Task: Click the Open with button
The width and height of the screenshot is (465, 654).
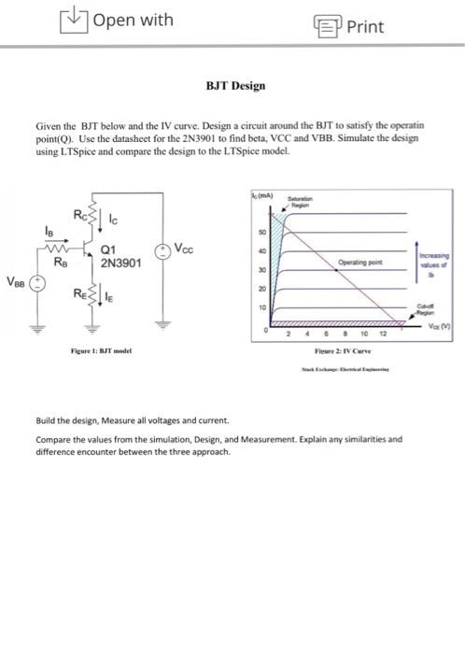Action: [117, 20]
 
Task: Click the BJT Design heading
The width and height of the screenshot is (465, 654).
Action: [235, 85]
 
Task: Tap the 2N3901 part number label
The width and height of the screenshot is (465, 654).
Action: [119, 263]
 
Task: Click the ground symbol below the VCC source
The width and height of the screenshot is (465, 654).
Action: [165, 323]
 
